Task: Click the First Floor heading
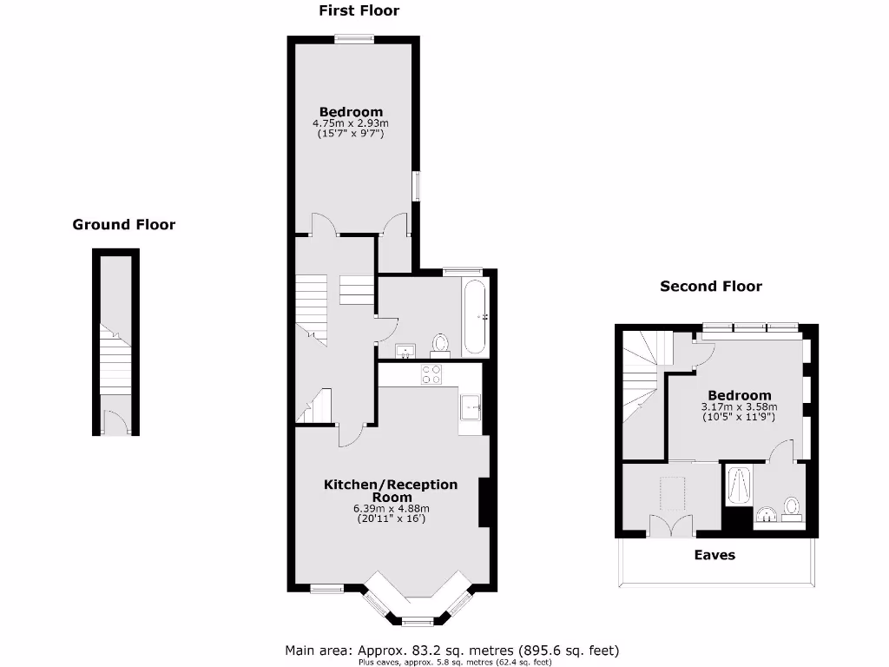(359, 11)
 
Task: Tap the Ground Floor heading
(123, 225)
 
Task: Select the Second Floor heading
(711, 286)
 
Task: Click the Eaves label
(714, 555)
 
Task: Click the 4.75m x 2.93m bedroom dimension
(351, 123)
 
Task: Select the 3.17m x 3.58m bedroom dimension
(739, 406)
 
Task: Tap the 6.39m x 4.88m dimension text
(391, 508)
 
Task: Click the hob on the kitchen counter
(431, 374)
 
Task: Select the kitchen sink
(471, 406)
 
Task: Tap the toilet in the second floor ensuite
(791, 506)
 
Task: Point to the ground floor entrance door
(115, 424)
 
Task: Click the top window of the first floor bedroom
(354, 36)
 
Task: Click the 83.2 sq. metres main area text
(451, 650)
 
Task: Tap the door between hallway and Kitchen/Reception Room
(352, 434)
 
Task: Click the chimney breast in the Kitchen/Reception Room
(484, 502)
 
